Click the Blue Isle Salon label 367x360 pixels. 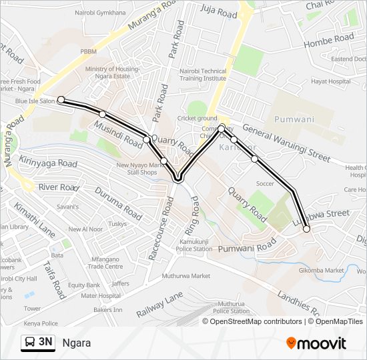point(35,101)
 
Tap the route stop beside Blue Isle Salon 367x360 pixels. point(61,100)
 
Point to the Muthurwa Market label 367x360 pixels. point(187,275)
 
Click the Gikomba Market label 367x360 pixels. point(321,270)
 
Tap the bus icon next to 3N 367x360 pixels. point(29,343)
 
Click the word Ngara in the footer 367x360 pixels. point(77,343)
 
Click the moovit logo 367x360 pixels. point(316,343)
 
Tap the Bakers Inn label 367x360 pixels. point(108,310)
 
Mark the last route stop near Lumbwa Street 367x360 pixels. point(306,229)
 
